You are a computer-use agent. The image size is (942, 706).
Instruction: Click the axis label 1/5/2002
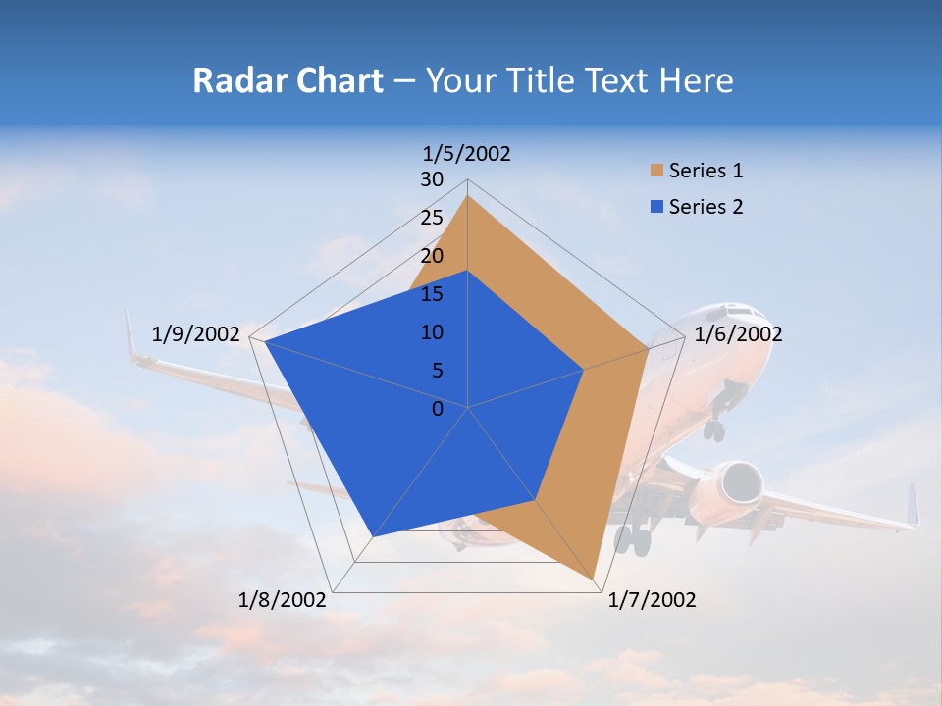(x=467, y=154)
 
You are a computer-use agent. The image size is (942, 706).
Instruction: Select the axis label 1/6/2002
(x=738, y=334)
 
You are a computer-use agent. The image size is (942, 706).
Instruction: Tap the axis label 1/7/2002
(x=652, y=600)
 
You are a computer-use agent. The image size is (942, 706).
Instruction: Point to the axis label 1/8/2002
(x=283, y=600)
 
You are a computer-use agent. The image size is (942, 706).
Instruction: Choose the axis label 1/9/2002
(x=196, y=334)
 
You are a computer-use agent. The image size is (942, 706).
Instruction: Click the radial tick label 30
(x=432, y=179)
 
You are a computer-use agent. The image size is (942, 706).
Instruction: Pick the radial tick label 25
(x=432, y=218)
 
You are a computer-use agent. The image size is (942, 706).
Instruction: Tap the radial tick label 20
(x=432, y=256)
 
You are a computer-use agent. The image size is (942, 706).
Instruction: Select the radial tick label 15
(x=432, y=294)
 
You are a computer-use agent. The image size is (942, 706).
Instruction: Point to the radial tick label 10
(x=432, y=332)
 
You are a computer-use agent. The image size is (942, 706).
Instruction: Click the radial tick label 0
(x=438, y=409)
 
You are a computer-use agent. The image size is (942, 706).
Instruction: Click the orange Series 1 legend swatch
(x=656, y=172)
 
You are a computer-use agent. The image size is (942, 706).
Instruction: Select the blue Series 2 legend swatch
(x=656, y=207)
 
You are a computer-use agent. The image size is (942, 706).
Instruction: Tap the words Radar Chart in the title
(x=288, y=80)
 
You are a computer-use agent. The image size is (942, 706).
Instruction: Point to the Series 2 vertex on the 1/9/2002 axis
(x=265, y=341)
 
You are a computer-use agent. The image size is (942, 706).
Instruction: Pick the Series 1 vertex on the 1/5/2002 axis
(x=467, y=196)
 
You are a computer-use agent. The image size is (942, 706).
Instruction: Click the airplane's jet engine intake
(x=740, y=482)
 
